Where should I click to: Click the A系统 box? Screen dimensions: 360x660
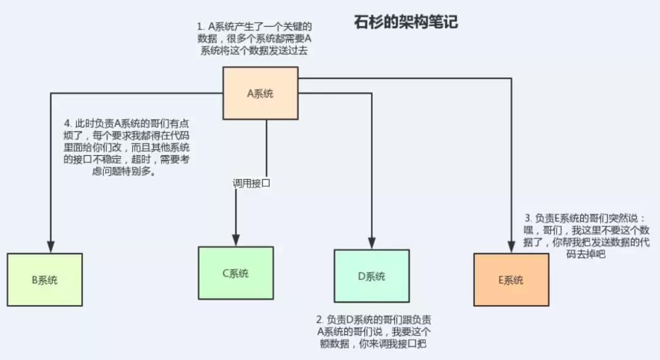coord(260,93)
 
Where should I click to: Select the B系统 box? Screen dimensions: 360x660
coord(45,280)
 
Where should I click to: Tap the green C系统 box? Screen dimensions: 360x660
coord(236,273)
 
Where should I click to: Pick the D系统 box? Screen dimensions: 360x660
coord(372,276)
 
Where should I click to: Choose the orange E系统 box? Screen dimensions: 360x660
coord(511,279)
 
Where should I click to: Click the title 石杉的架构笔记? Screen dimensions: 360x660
coord(406,23)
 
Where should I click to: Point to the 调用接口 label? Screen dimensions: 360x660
coord(251,183)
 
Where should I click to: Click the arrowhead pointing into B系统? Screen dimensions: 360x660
coord(51,246)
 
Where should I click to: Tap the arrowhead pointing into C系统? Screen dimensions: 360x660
coord(236,240)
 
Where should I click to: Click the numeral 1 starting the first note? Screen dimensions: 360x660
coord(199,28)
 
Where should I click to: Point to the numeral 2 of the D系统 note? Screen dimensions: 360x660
coord(319,320)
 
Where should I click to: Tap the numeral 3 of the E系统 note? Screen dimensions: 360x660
coord(528,218)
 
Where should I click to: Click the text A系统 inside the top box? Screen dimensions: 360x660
coord(260,94)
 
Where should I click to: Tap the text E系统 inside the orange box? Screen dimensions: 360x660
coord(511,280)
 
